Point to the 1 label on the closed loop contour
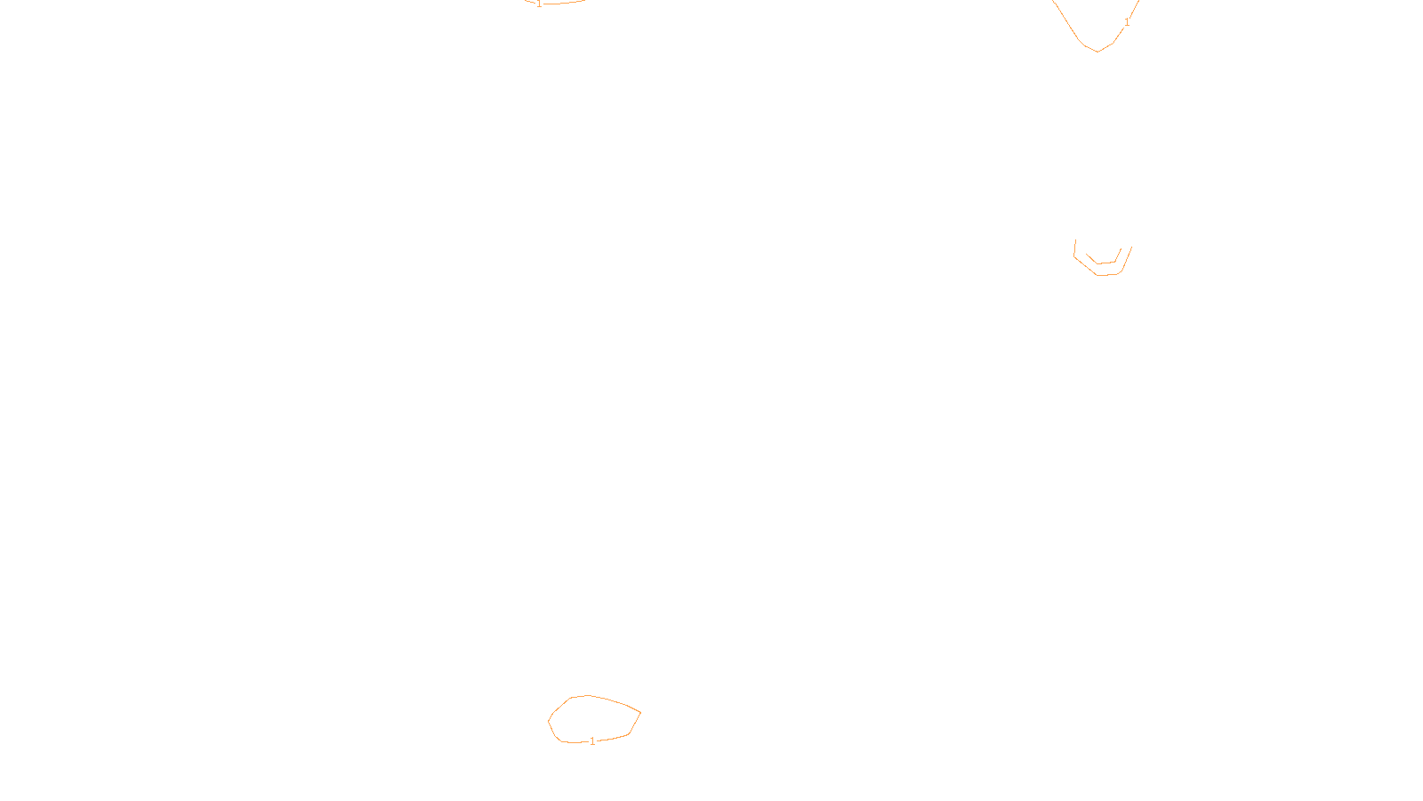(593, 741)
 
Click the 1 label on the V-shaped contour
(1127, 22)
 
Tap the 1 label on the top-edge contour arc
(539, 4)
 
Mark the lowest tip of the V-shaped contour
(1097, 52)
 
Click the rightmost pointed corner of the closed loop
(640, 713)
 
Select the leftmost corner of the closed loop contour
(549, 721)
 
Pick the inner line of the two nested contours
(1104, 263)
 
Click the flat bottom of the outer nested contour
(1106, 275)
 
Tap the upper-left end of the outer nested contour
(1076, 241)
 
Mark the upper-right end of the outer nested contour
(1131, 247)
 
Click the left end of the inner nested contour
(1087, 254)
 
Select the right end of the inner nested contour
(1121, 251)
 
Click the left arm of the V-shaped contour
(1066, 22)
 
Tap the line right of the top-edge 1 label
(565, 4)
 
